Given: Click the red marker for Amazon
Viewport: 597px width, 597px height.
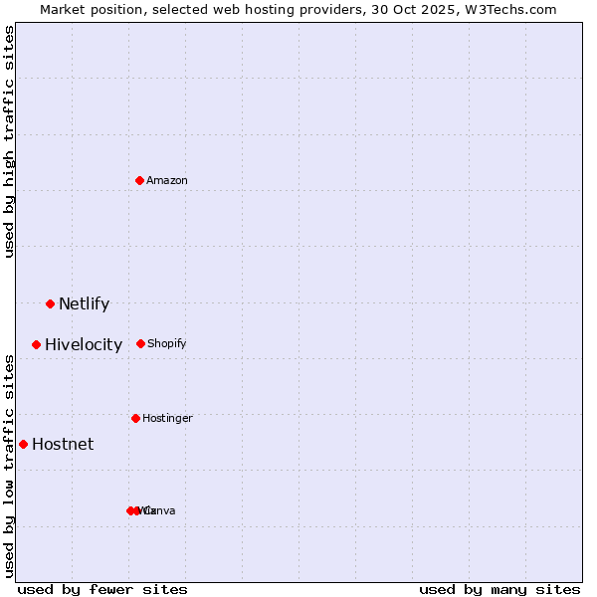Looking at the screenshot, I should (x=139, y=180).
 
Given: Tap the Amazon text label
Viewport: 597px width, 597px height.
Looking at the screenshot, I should (x=167, y=181).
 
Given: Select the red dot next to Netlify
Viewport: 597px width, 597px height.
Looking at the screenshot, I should (x=50, y=303).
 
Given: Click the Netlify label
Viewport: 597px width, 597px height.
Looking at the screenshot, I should (x=84, y=304).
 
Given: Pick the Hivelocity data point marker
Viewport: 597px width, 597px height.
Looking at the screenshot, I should (x=36, y=344).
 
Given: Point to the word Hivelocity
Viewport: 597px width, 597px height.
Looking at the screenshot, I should (x=84, y=345).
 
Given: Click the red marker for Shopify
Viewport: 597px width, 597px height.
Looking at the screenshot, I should (x=140, y=343).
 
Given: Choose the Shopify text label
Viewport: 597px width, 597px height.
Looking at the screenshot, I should (x=167, y=344).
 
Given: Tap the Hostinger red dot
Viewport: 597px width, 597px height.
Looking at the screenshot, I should (x=135, y=418).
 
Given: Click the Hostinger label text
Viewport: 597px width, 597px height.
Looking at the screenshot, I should (x=167, y=419).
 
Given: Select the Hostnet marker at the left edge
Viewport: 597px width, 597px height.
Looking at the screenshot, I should (x=23, y=444).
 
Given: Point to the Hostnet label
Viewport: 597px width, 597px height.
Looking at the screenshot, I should (x=63, y=445).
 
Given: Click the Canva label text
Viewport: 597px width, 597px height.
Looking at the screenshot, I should (x=161, y=511).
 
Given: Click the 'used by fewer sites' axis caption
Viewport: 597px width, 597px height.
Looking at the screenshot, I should (x=102, y=589).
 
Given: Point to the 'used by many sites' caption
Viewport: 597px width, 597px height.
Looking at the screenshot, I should (x=499, y=589).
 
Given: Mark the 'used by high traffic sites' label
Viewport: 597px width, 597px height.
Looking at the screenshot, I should (x=10, y=142).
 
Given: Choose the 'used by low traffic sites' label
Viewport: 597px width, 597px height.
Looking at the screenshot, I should (x=10, y=465).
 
